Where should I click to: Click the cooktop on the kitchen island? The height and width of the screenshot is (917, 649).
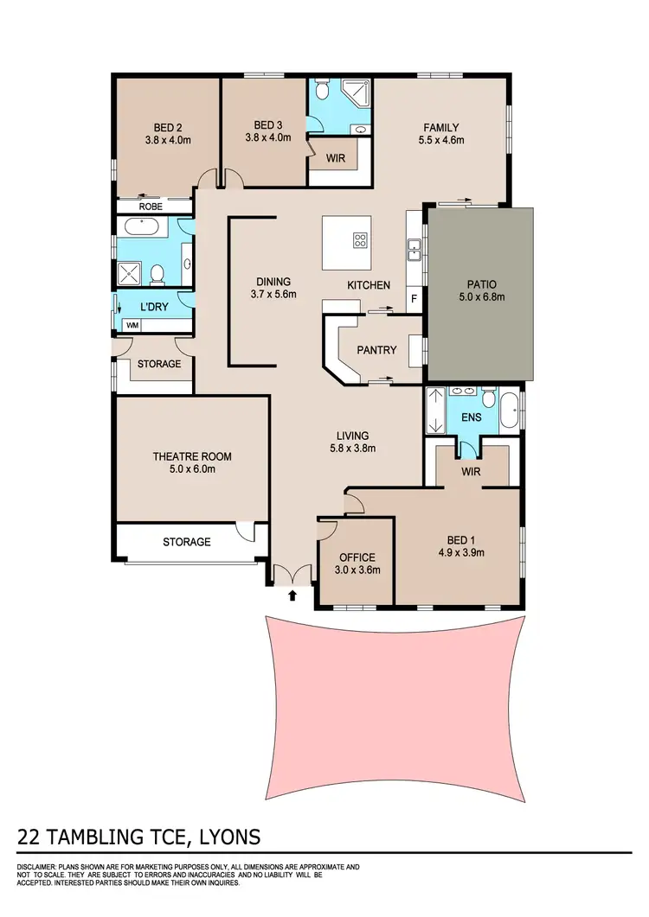click(360, 239)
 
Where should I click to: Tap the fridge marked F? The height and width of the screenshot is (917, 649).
click(414, 299)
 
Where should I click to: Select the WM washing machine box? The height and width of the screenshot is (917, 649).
click(132, 325)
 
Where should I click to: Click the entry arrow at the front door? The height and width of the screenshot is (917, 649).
click(292, 595)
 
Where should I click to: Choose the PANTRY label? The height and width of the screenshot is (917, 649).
click(376, 350)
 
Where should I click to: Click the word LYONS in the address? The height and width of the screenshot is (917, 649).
click(224, 837)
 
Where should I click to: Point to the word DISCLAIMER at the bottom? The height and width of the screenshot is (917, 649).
click(39, 866)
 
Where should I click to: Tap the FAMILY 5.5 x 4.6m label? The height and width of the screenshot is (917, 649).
click(441, 133)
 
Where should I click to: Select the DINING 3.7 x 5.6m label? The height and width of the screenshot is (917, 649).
click(273, 288)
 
